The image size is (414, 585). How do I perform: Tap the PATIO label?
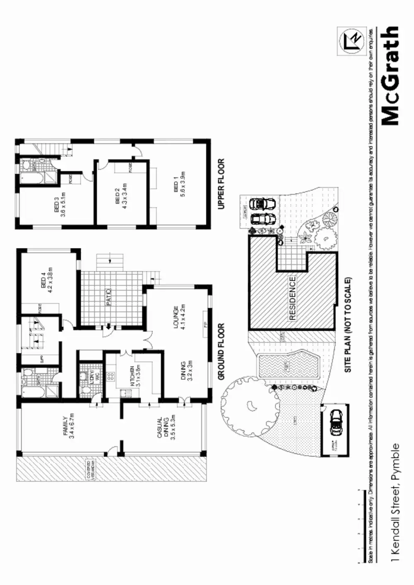(109, 297)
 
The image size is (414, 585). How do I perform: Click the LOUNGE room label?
(178, 318)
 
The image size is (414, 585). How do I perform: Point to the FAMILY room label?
(68, 427)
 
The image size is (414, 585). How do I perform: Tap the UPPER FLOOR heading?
(221, 184)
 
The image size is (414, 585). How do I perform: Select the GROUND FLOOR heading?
(221, 352)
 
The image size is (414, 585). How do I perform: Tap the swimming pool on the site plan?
(287, 366)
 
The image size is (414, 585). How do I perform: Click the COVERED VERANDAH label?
(91, 471)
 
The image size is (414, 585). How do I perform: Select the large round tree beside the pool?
(248, 406)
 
